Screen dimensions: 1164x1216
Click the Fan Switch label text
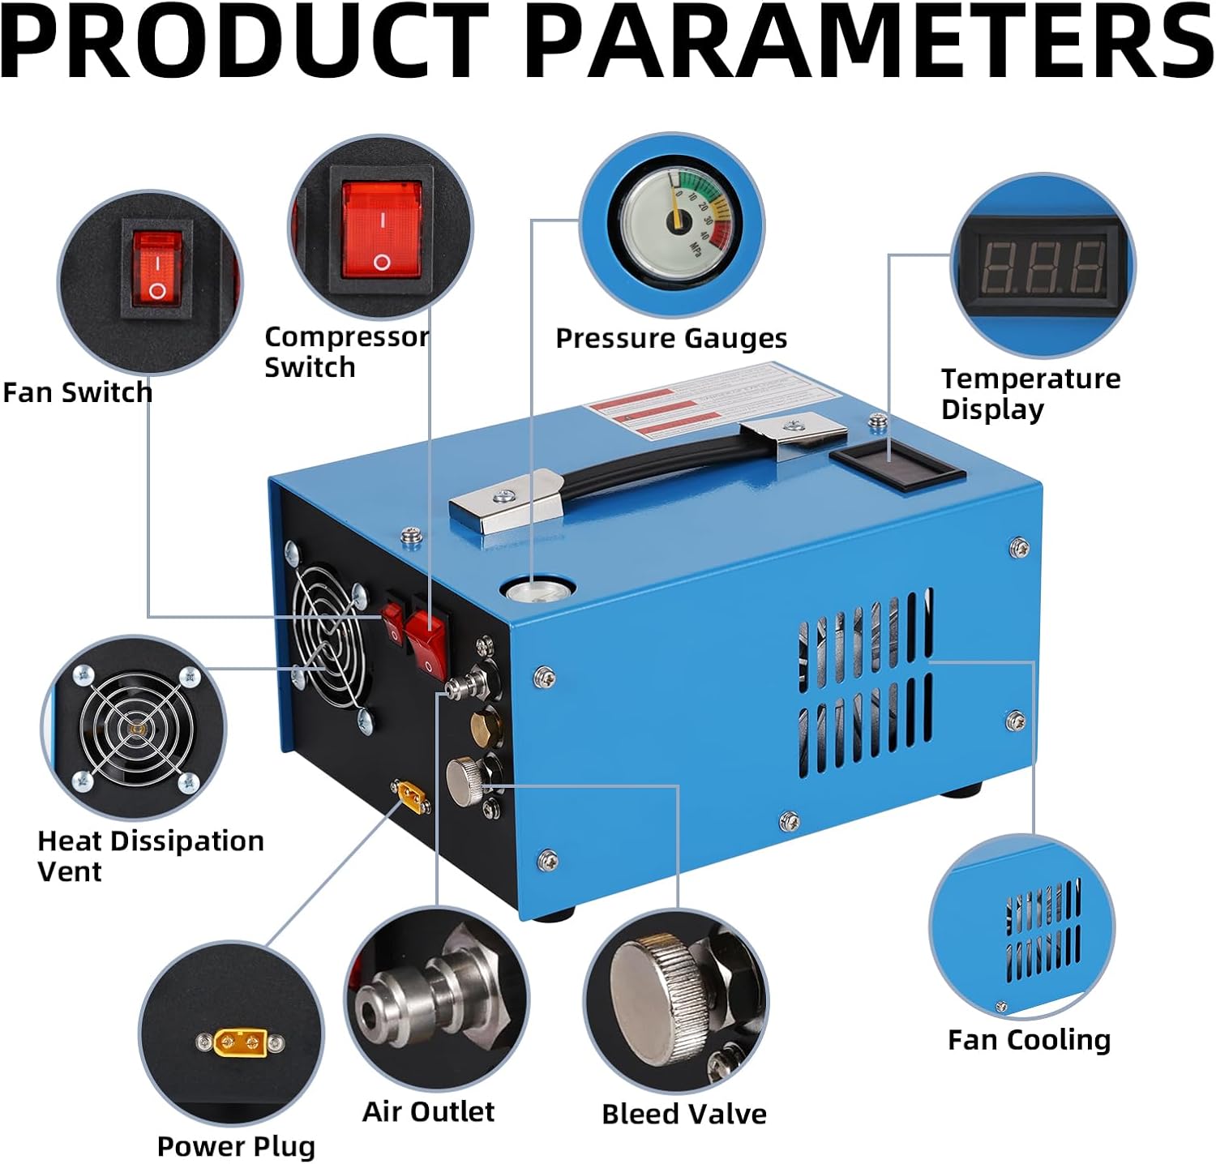[77, 392]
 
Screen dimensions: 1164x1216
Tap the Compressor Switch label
[346, 352]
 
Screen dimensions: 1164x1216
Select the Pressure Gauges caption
[670, 338]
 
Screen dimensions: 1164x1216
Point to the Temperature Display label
[1030, 393]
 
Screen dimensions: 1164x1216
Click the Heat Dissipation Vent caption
[151, 855]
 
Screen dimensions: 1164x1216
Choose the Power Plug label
[236, 1146]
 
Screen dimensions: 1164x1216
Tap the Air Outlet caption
[428, 1111]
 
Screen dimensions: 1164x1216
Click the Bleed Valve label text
[683, 1114]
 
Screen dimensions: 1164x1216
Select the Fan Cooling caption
[1029, 1039]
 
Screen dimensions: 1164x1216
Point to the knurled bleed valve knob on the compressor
[465, 781]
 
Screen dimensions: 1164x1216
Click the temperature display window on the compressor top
[897, 467]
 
